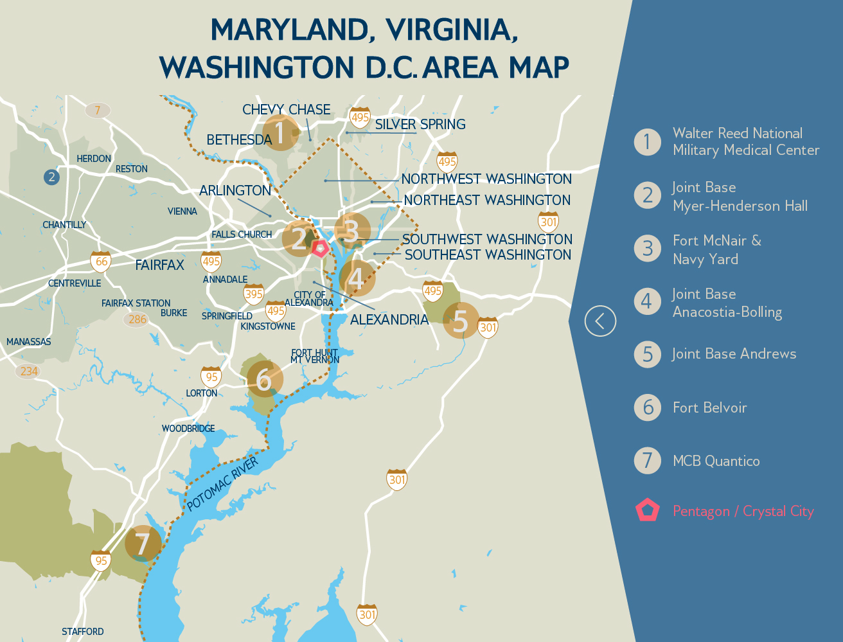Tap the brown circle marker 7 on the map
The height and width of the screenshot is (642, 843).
point(143,544)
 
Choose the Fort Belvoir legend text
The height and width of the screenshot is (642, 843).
point(709,407)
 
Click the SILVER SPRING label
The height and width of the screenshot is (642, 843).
point(420,124)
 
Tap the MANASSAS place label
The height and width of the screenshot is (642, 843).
point(29,341)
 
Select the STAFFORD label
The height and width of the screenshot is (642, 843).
point(82,632)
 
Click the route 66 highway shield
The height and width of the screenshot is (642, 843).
point(101,261)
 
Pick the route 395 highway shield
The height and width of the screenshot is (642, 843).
point(254,294)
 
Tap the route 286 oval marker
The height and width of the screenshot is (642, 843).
point(137,319)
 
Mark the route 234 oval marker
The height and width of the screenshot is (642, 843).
point(29,371)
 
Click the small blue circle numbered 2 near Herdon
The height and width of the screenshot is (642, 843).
point(51,177)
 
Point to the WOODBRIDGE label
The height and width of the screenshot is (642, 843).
point(188,428)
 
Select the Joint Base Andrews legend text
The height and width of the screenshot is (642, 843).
point(734,353)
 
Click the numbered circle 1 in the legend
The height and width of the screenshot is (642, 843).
point(647,141)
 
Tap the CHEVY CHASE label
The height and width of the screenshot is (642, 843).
point(286,109)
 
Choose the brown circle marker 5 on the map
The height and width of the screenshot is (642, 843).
point(460,320)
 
